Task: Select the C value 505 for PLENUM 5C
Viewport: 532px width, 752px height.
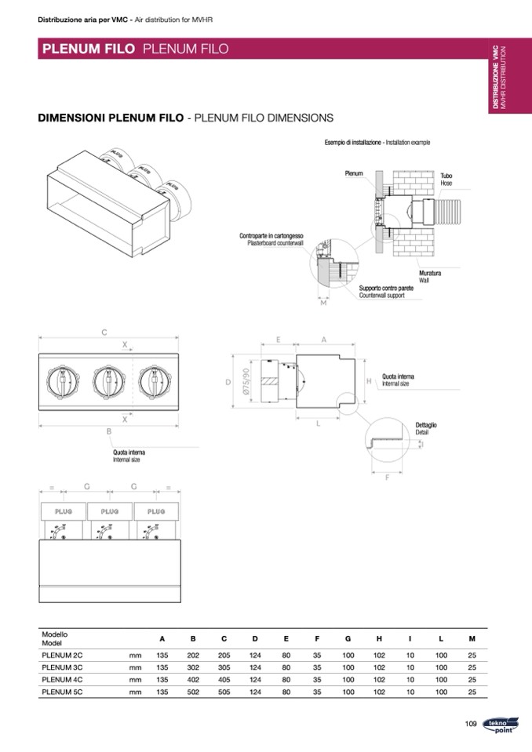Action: [x=224, y=692]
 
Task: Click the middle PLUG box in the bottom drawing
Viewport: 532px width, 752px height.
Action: [x=110, y=511]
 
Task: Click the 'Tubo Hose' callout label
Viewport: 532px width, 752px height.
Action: [x=446, y=179]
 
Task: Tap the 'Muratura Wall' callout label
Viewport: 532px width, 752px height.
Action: [x=429, y=276]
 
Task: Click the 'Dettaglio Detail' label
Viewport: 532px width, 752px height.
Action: [x=426, y=428]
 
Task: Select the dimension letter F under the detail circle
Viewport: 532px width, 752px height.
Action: [x=387, y=477]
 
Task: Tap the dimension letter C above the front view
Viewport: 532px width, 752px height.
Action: [x=104, y=332]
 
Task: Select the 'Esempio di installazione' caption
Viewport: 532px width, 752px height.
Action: [x=353, y=143]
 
